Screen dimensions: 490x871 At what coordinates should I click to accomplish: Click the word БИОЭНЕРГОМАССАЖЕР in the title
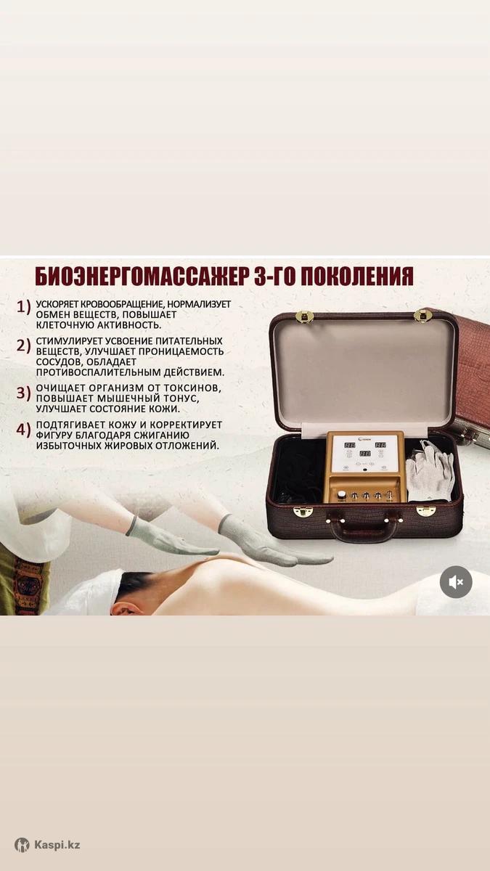[142, 277]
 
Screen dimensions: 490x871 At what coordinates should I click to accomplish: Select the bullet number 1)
[24, 307]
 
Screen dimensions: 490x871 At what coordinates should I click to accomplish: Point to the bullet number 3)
[24, 393]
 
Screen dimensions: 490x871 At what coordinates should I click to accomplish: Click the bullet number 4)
[24, 429]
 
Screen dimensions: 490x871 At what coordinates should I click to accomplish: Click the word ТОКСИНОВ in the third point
[192, 388]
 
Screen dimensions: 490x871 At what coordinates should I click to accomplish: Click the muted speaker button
[456, 582]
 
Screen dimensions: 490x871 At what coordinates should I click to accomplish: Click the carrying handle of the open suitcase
[365, 529]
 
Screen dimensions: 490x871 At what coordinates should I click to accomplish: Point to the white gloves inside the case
[430, 470]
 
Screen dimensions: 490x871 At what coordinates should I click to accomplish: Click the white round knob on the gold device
[342, 494]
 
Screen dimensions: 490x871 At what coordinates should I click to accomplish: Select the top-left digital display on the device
[350, 445]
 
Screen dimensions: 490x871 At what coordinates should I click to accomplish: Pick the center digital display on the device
[364, 454]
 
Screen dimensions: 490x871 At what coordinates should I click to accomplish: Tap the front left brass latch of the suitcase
[303, 512]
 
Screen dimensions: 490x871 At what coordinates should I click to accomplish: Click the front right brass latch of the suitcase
[426, 511]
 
